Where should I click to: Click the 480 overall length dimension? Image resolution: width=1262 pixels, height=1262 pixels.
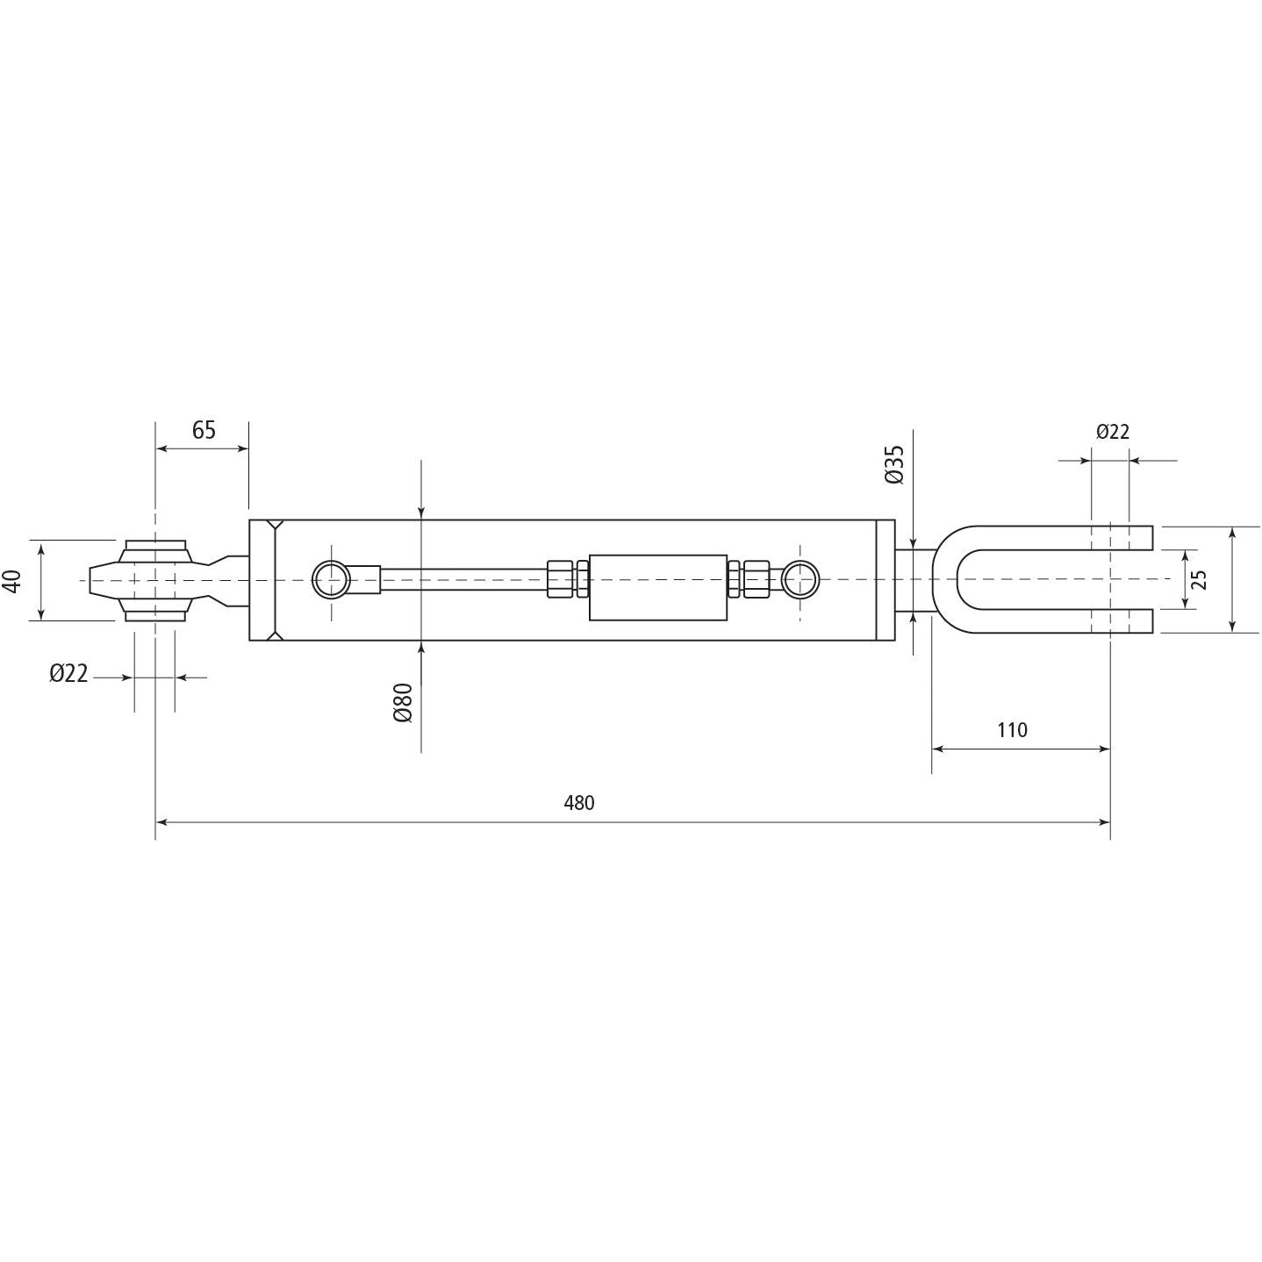[x=578, y=802]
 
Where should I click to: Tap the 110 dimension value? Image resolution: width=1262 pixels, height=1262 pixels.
[x=1012, y=729]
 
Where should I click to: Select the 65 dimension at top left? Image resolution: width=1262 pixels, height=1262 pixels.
[x=204, y=430]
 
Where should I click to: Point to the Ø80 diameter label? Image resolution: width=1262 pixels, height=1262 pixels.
[x=403, y=702]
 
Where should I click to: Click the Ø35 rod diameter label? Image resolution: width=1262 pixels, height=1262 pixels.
[x=893, y=464]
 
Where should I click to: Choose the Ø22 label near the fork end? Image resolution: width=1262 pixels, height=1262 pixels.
[x=1112, y=432]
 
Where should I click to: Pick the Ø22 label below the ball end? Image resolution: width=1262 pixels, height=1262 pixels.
[x=69, y=673]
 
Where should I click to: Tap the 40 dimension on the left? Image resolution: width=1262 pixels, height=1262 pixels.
[x=12, y=580]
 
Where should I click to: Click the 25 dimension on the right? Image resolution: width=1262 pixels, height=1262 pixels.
[x=1200, y=579]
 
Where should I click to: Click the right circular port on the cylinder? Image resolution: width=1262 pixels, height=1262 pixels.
[x=800, y=579]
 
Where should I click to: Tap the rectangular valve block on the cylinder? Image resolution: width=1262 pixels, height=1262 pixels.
[x=658, y=587]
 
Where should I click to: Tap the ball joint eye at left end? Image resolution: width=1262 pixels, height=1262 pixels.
[x=155, y=580]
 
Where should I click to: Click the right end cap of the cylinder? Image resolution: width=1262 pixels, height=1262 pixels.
[x=886, y=580]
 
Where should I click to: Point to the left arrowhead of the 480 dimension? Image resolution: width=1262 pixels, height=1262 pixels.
[x=161, y=822]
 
